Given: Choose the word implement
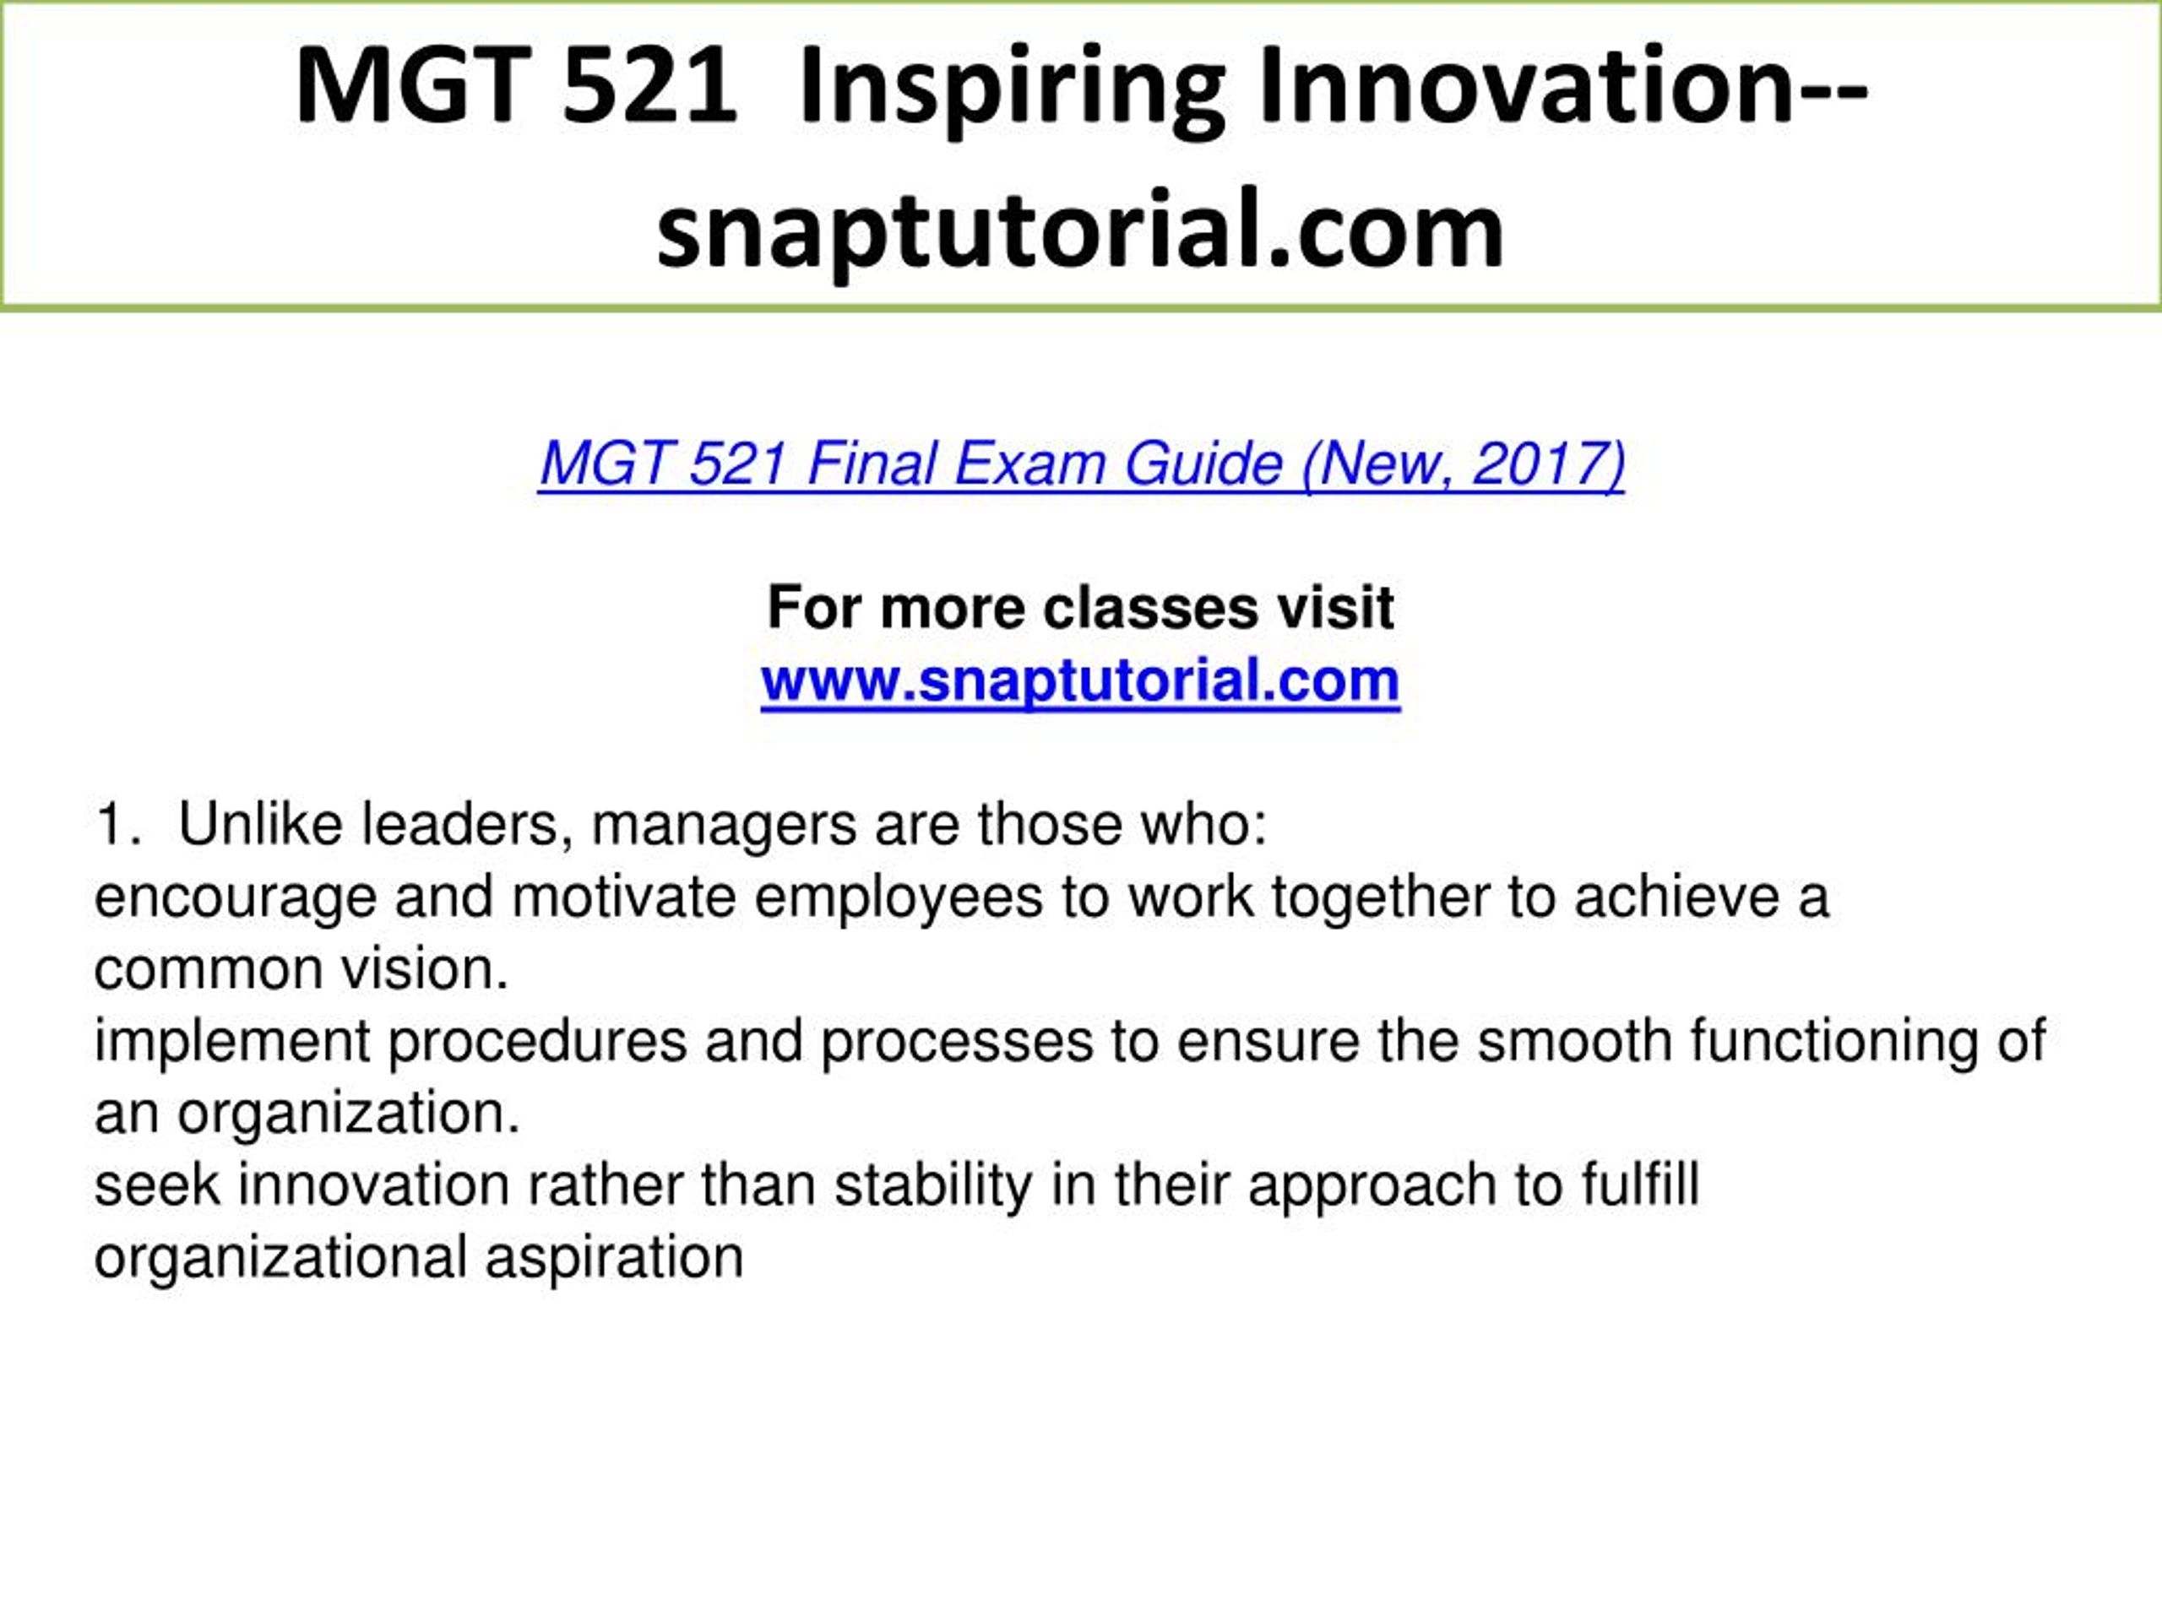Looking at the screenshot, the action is (x=231, y=1042).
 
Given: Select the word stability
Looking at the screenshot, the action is (x=932, y=1186).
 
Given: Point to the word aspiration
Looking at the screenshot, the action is (x=614, y=1259).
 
